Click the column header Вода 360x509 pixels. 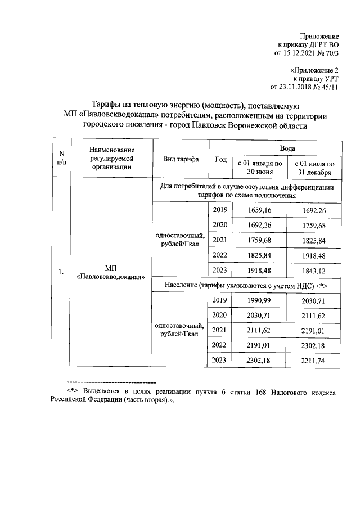[287, 147]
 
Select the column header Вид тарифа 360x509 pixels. [181, 159]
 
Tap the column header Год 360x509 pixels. [220, 159]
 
